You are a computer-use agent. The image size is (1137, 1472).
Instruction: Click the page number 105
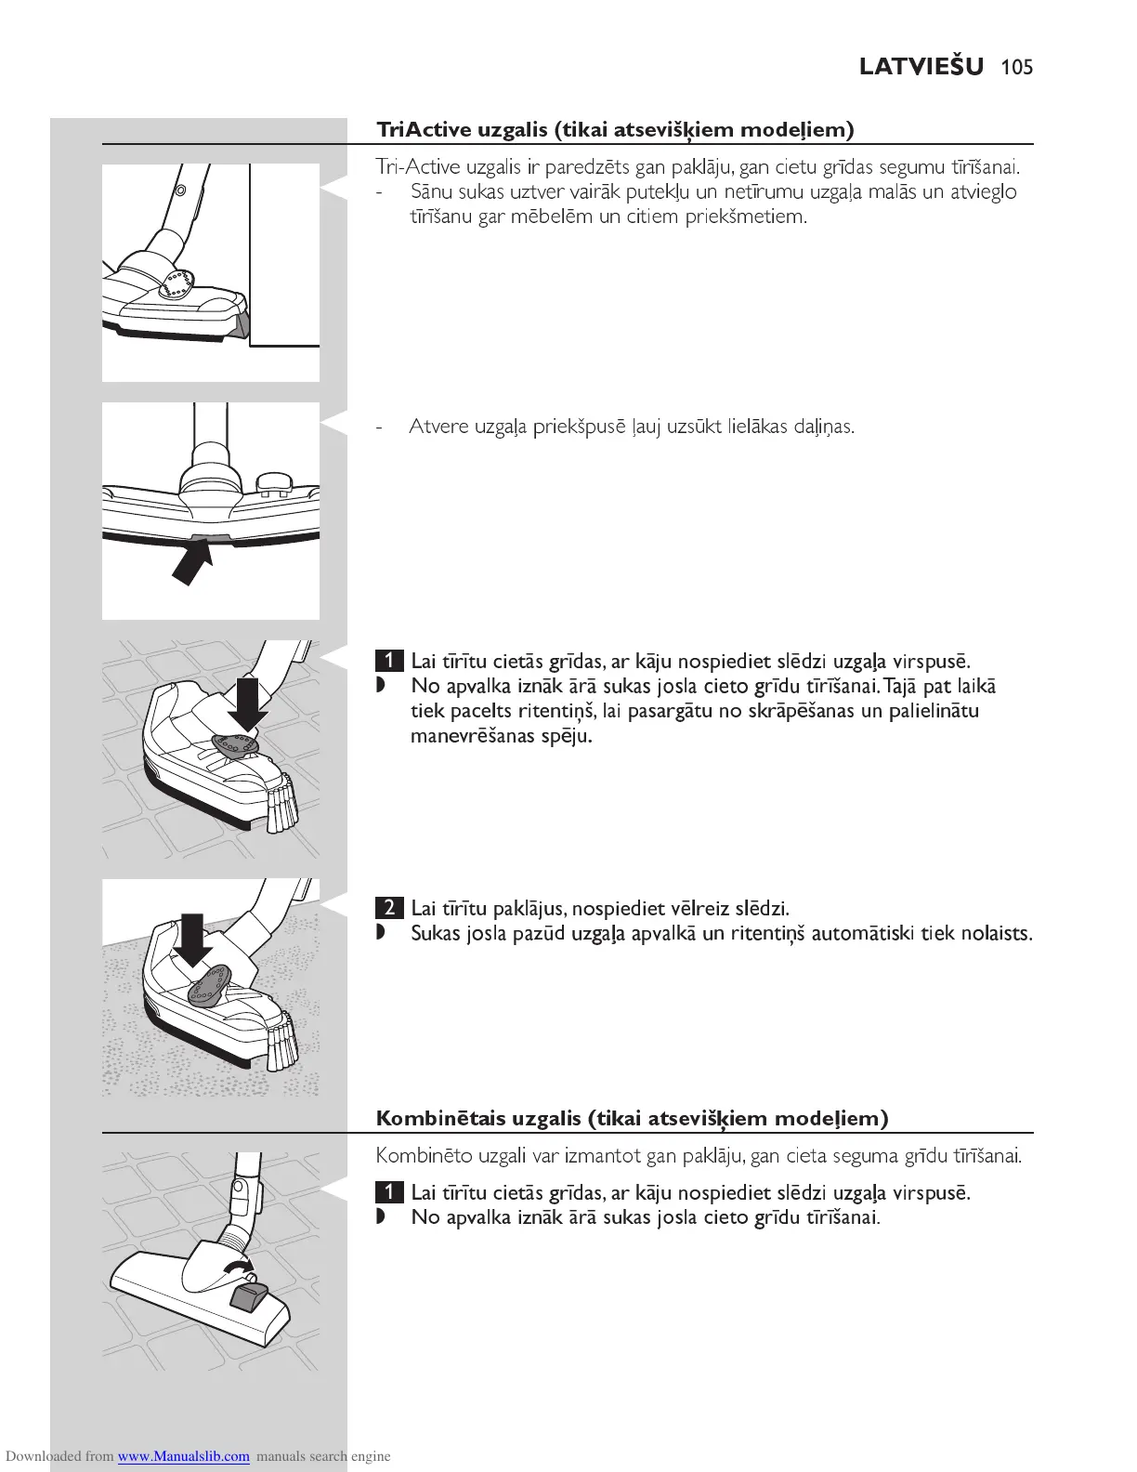click(x=1017, y=67)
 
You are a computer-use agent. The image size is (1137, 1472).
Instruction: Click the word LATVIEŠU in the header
click(x=921, y=67)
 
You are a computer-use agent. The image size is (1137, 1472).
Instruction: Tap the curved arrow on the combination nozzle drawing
click(x=239, y=1269)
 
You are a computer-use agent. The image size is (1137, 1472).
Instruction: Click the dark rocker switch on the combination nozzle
click(x=248, y=1295)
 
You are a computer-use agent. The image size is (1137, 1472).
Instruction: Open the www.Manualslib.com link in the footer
click(x=183, y=1456)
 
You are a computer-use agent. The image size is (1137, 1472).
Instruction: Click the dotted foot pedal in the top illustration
click(x=176, y=283)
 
